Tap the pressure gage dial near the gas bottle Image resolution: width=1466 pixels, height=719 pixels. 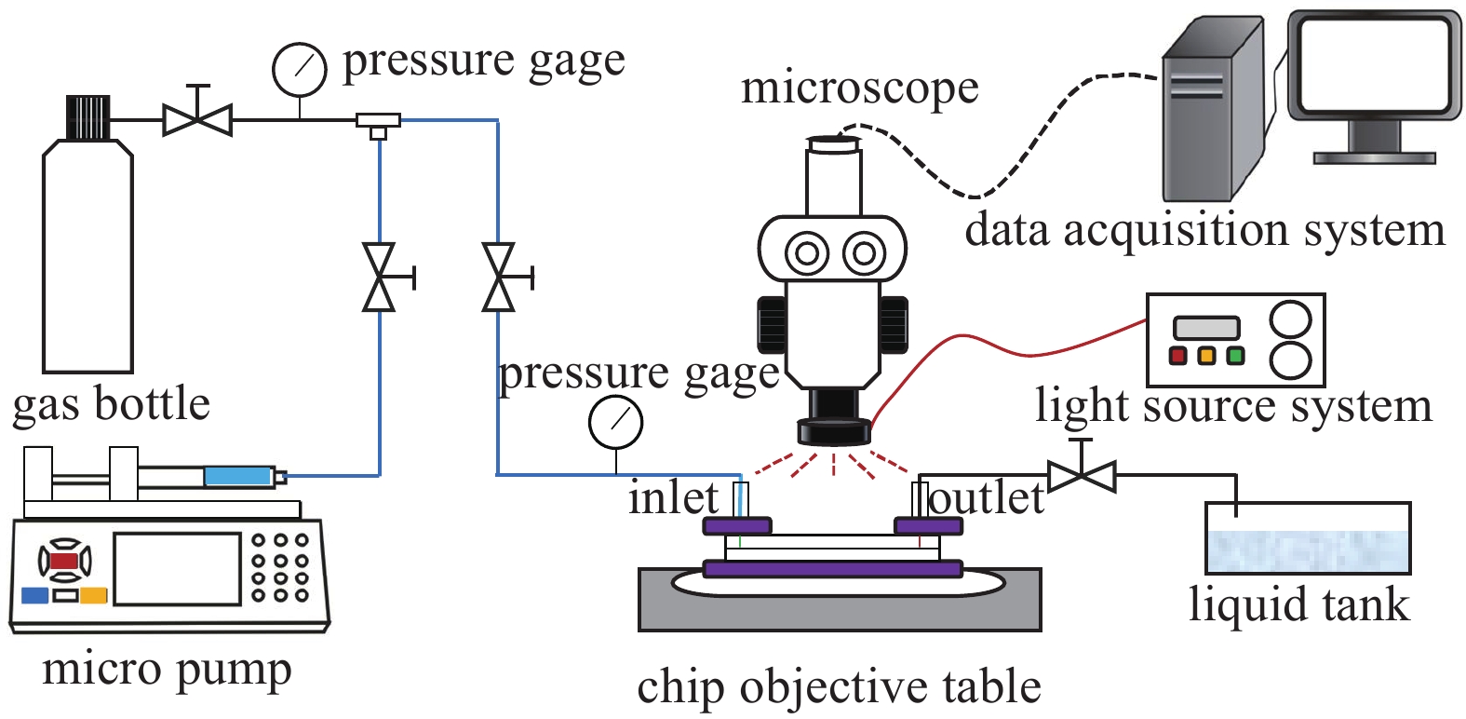click(299, 69)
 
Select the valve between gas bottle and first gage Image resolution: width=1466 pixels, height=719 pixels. click(197, 119)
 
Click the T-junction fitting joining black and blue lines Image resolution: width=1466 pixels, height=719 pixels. click(378, 121)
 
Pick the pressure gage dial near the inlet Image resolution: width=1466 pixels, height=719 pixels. click(615, 422)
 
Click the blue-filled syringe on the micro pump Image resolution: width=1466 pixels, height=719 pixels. click(237, 476)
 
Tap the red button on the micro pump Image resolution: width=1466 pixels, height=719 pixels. click(63, 561)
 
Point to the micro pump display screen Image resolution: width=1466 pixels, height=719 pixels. click(177, 567)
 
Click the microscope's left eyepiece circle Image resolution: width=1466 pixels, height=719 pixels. click(807, 252)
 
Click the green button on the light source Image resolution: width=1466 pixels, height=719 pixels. click(1236, 355)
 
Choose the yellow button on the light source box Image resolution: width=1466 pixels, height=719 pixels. click(1206, 355)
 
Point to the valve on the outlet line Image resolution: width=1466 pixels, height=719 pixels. click(1081, 476)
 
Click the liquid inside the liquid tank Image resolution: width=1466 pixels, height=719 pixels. click(1307, 550)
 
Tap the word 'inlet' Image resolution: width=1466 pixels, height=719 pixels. click(673, 497)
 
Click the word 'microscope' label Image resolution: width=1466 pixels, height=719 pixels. click(859, 88)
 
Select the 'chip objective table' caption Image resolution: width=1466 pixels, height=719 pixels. click(839, 687)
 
